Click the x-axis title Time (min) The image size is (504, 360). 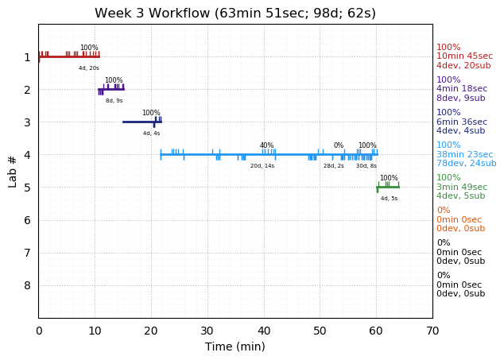tap(235, 346)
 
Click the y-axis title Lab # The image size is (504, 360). tap(13, 172)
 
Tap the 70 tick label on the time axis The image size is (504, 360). tap(432, 331)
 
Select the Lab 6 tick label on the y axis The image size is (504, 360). tap(27, 220)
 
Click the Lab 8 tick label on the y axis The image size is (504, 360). tap(27, 285)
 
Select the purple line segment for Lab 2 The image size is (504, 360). tap(111, 89)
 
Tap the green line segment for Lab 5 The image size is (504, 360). tap(388, 187)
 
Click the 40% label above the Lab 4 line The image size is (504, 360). tap(266, 145)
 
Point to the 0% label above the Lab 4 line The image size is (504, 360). tap(339, 145)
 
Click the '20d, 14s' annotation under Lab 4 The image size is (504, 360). tap(262, 166)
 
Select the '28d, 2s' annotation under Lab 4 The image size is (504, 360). tap(334, 166)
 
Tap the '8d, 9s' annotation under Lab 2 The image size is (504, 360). tap(114, 101)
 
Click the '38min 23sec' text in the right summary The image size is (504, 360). tap(465, 155)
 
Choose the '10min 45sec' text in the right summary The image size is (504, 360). tap(464, 56)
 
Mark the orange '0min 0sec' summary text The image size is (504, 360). tap(459, 220)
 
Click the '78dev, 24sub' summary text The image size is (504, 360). tap(466, 164)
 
